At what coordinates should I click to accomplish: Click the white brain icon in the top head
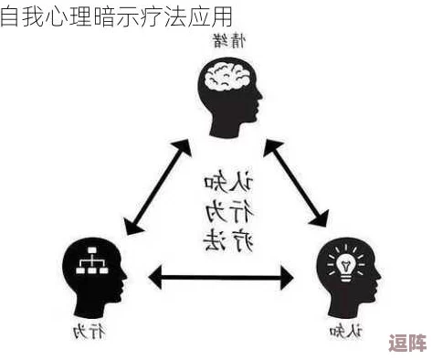coord(229,77)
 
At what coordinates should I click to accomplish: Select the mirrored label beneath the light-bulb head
coord(344,330)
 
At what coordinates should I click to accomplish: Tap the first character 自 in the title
coord(10,16)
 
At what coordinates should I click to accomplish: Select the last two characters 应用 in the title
coord(211,16)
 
